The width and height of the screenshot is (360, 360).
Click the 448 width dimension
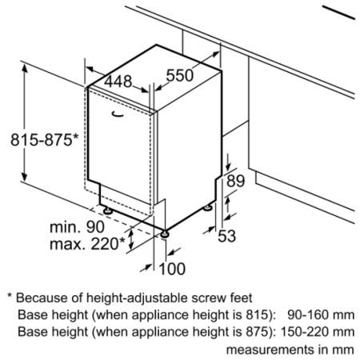pyautogui.click(x=118, y=82)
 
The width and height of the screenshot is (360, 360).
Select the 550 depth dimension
pyautogui.click(x=180, y=75)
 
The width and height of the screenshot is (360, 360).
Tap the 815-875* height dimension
pyautogui.click(x=45, y=139)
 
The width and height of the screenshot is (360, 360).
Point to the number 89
pyautogui.click(x=235, y=181)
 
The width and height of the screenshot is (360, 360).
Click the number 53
pyautogui.click(x=227, y=236)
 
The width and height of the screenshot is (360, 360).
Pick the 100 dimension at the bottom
pyautogui.click(x=172, y=269)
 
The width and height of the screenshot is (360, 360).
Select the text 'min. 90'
pyautogui.click(x=77, y=227)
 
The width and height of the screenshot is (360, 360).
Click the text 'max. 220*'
pyautogui.click(x=87, y=243)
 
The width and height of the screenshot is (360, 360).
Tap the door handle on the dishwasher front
pyautogui.click(x=118, y=114)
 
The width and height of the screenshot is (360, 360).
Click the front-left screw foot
pyautogui.click(x=108, y=211)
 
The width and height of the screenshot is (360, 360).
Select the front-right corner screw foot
pyautogui.click(x=165, y=234)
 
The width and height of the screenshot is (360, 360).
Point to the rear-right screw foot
pyautogui.click(x=208, y=207)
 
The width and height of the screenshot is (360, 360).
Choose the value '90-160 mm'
pyautogui.click(x=321, y=315)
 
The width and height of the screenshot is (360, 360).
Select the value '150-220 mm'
pyautogui.click(x=318, y=332)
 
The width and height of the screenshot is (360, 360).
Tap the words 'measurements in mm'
pyautogui.click(x=290, y=350)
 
